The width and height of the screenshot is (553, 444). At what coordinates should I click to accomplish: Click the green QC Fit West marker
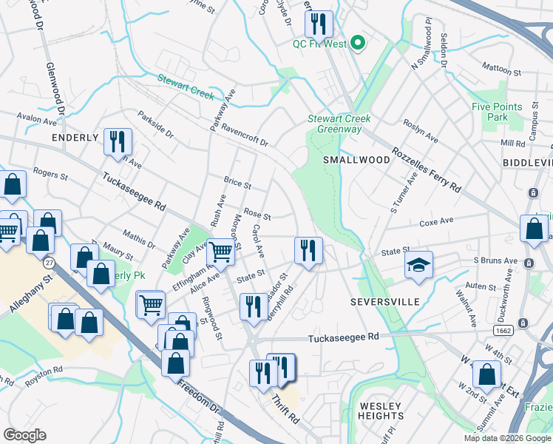coord(359,43)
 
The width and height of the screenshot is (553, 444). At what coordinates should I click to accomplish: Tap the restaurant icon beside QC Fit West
coord(319,24)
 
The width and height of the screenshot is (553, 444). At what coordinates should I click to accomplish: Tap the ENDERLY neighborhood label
coord(75,138)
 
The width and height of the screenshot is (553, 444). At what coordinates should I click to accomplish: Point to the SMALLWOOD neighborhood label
coord(356,160)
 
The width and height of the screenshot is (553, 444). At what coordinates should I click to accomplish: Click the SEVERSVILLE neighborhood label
coord(384,302)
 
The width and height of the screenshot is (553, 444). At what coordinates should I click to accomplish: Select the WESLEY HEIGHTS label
coord(380,411)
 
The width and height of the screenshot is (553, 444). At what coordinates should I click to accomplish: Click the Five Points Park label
coord(490,112)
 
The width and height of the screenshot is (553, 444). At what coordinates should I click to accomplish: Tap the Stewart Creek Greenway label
coord(339,124)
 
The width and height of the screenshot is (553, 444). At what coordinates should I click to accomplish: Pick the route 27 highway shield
coord(49,263)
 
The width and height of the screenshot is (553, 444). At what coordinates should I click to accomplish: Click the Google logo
coord(24,435)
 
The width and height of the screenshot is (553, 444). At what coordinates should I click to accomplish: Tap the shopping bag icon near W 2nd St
coord(486,375)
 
